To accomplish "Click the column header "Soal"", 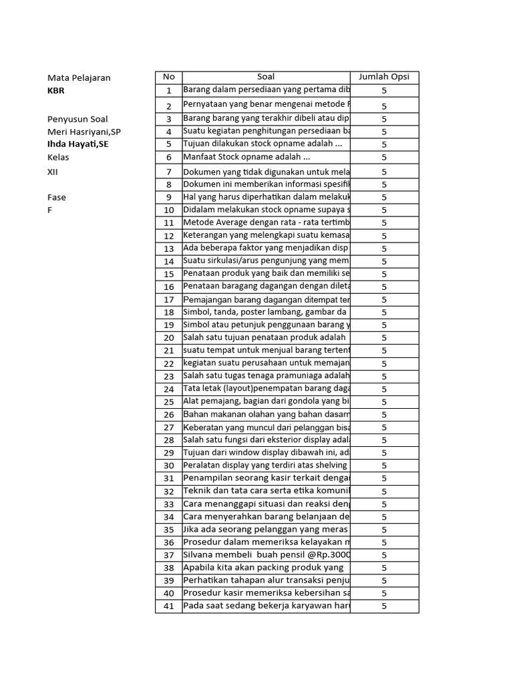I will coord(265,77).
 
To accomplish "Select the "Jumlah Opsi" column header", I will coord(384,77).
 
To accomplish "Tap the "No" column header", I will coord(169,77).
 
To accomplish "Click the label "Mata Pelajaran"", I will coord(79,77).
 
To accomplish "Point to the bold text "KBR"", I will coord(56,91).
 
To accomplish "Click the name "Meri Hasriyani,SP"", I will coord(84,132).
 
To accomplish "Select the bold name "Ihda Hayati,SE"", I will coord(77,144).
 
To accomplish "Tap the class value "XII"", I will coord(53,172).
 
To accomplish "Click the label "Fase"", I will coord(57,197).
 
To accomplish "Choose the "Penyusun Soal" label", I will coord(77,119).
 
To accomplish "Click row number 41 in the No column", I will coord(169,607).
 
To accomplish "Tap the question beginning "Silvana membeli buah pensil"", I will coord(267,555).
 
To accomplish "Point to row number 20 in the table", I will coord(169,338).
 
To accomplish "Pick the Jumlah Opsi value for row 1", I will coord(384,91).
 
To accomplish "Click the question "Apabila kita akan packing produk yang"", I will coord(263,568).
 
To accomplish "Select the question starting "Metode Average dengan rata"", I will coord(267,222).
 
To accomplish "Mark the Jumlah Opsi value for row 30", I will coord(384,466).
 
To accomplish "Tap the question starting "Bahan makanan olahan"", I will coord(267,415).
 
